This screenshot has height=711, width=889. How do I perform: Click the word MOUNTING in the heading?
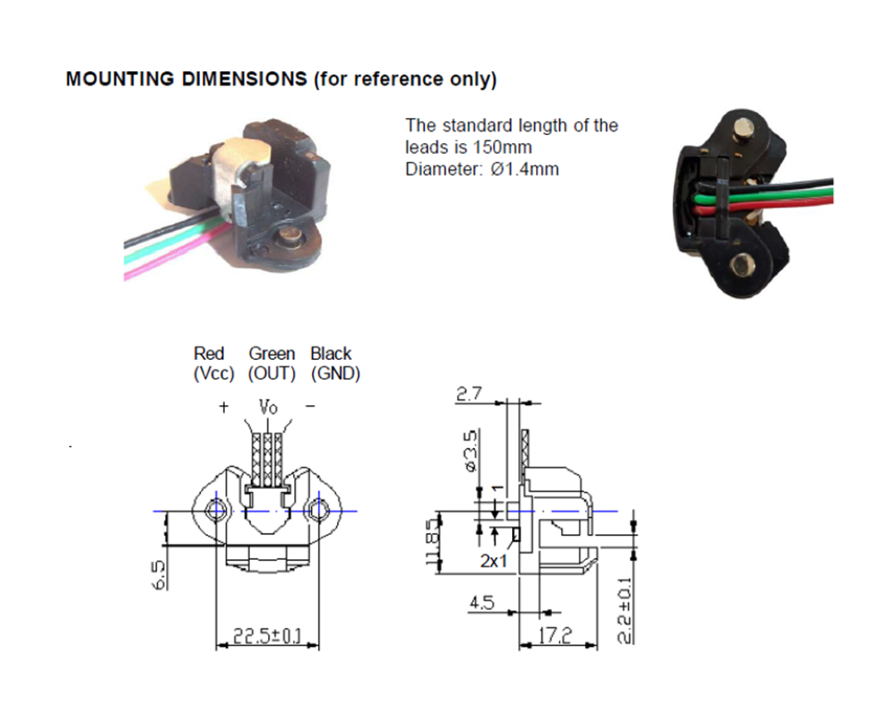coord(120,79)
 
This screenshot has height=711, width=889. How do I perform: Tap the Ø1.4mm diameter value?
coord(525,169)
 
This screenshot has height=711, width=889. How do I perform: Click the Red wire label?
coord(209,354)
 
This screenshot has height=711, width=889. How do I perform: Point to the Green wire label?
coord(271,354)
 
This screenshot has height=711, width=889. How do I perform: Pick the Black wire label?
coord(331,354)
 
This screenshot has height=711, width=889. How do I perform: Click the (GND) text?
coord(335,373)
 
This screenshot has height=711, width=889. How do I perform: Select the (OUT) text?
coord(271,373)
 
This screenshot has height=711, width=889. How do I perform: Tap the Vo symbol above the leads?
coord(268,407)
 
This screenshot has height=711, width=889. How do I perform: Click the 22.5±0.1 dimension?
coord(268,636)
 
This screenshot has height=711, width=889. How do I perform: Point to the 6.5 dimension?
coord(159,574)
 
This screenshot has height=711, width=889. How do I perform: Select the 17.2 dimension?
coord(555,635)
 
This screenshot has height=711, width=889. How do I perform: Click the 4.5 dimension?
coord(481,603)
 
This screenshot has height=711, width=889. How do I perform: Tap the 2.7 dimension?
coord(469,394)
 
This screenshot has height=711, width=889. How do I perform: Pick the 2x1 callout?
coord(493,561)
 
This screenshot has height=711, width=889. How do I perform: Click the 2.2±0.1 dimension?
coord(624,611)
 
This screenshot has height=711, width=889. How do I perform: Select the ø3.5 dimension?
coord(471,451)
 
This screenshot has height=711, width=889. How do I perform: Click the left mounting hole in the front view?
coord(215,511)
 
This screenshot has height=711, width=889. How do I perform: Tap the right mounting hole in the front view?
coord(318,511)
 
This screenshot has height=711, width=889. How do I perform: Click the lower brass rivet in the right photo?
coord(740,264)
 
